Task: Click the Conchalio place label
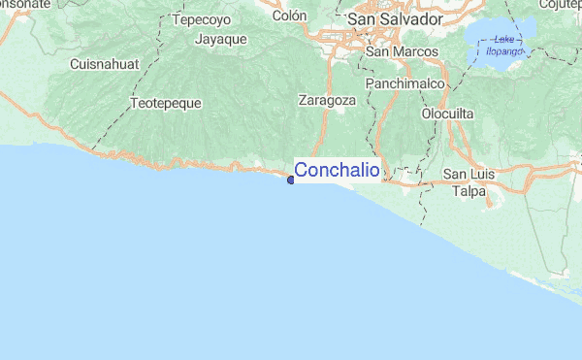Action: tap(337, 171)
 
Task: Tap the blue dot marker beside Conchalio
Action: tap(291, 178)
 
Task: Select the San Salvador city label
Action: tap(395, 18)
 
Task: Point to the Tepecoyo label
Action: tap(201, 18)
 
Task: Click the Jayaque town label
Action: tap(220, 40)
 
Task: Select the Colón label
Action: tap(289, 16)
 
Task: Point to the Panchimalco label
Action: tap(404, 84)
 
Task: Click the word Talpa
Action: tap(469, 191)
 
